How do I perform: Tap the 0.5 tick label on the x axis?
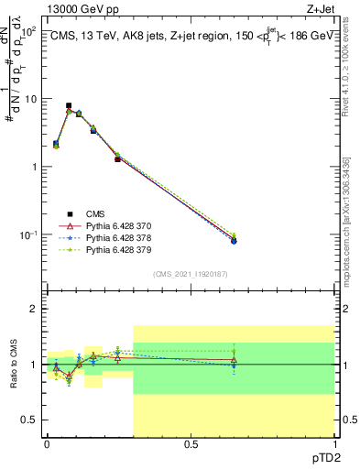click(x=191, y=444)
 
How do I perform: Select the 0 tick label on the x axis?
click(x=47, y=444)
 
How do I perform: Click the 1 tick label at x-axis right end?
click(x=333, y=444)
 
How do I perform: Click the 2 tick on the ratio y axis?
click(x=35, y=309)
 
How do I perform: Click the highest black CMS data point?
click(x=70, y=106)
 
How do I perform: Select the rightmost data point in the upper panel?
click(x=234, y=240)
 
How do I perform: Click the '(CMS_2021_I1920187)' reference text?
click(x=191, y=273)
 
